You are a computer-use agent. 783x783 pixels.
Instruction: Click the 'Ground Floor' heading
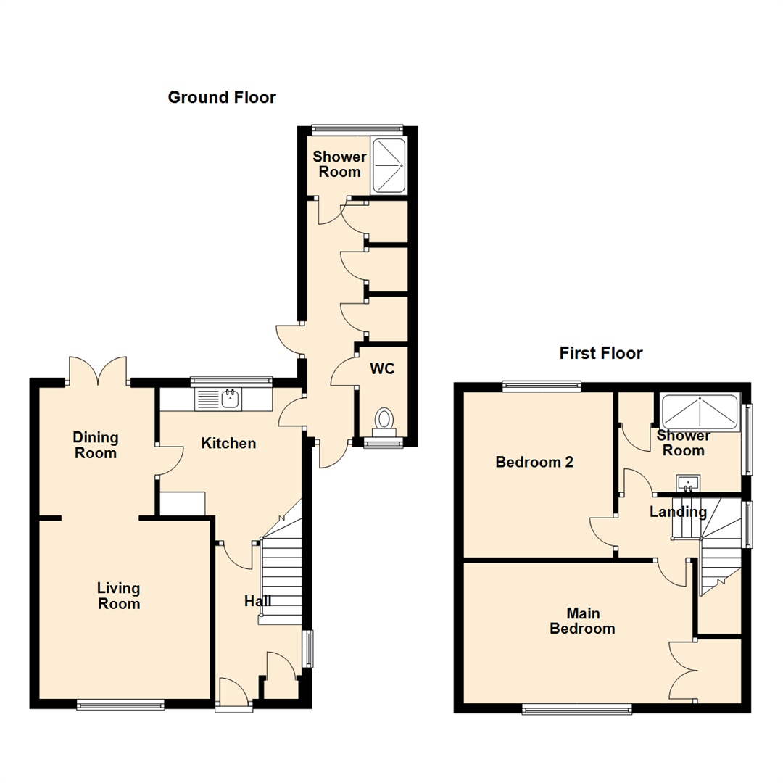(222, 97)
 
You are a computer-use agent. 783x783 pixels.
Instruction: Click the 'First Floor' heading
(601, 354)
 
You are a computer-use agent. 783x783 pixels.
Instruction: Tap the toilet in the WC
(384, 423)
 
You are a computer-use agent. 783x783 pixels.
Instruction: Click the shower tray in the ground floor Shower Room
(389, 166)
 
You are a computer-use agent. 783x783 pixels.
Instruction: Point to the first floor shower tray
(700, 412)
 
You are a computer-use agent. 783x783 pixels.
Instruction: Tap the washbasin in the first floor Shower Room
(688, 484)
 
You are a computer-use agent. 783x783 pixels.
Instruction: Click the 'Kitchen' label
(228, 444)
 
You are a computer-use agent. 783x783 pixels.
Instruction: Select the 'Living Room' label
(119, 596)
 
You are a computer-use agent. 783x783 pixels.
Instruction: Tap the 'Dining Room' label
(96, 445)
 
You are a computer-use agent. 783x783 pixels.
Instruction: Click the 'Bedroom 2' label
(534, 463)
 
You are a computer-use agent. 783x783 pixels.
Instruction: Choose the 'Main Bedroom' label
(582, 621)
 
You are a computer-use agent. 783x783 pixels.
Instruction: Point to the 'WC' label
(382, 369)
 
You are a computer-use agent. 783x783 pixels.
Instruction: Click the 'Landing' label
(678, 512)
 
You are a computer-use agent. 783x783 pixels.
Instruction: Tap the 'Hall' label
(257, 601)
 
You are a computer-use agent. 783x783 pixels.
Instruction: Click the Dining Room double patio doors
(98, 371)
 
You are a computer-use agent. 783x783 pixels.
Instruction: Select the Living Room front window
(120, 705)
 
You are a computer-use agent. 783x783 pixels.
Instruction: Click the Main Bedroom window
(577, 708)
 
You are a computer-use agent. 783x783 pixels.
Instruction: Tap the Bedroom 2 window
(542, 385)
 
